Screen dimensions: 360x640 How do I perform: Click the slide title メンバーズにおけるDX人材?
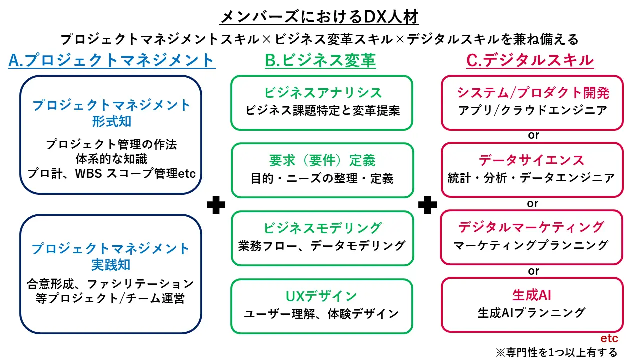click(320, 16)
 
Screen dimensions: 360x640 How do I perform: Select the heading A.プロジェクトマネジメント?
click(112, 60)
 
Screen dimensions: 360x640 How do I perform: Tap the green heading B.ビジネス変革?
click(320, 60)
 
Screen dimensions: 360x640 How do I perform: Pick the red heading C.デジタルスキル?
click(530, 60)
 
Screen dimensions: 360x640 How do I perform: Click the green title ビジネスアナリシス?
click(323, 92)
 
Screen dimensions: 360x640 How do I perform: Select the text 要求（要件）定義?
click(322, 160)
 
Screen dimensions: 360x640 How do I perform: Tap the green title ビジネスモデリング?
click(322, 228)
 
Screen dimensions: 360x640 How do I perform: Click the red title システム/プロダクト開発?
click(533, 92)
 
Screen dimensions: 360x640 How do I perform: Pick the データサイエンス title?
click(532, 160)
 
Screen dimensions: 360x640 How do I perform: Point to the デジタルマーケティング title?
click(531, 227)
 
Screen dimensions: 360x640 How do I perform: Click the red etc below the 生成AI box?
click(609, 339)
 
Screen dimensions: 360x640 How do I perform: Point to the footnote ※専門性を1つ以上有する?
click(556, 352)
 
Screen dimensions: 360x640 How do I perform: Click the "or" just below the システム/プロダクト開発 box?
click(533, 135)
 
